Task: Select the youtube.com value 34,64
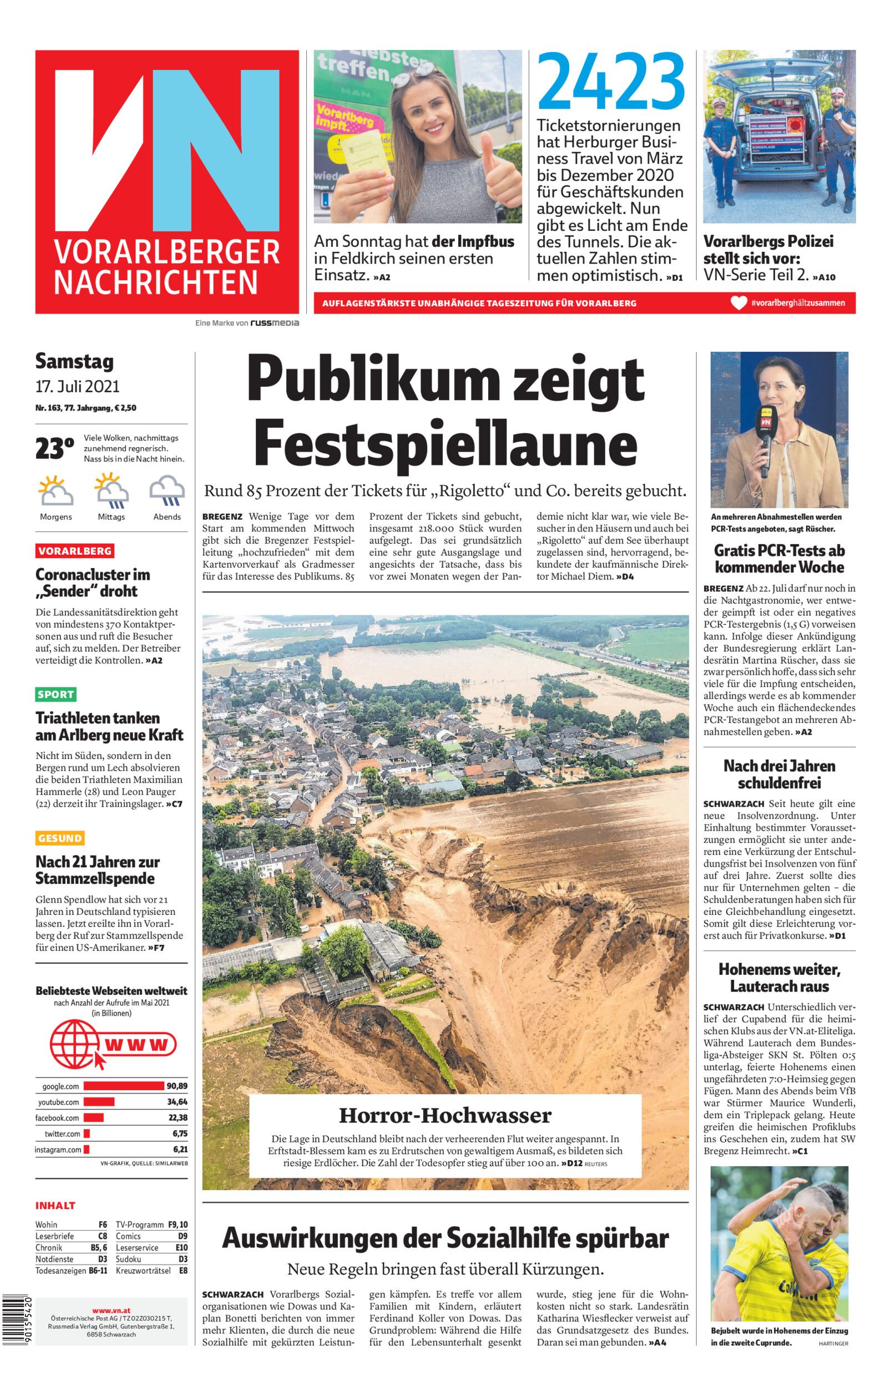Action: pos(177,1102)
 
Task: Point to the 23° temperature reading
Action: pos(54,448)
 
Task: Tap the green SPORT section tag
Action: pos(55,694)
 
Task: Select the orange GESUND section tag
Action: pos(59,838)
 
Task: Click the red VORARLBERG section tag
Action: pos(75,550)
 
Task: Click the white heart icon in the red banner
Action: pos(739,303)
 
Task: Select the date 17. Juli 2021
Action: pos(77,386)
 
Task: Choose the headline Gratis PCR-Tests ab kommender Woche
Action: pos(779,559)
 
